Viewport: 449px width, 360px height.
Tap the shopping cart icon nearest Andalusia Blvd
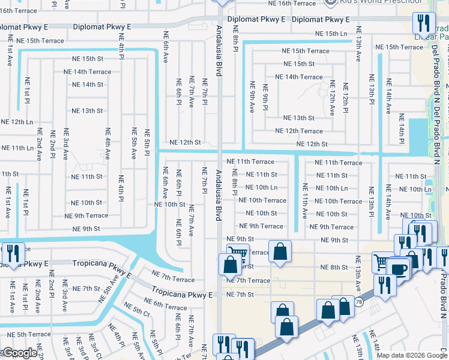click(237, 254)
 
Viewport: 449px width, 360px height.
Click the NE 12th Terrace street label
click(298, 131)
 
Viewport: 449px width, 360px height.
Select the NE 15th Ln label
click(327, 35)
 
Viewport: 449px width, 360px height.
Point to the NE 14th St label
click(88, 85)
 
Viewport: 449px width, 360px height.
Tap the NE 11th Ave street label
click(305, 200)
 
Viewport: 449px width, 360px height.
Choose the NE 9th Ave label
click(252, 97)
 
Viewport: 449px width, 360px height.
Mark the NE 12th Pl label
click(346, 97)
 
